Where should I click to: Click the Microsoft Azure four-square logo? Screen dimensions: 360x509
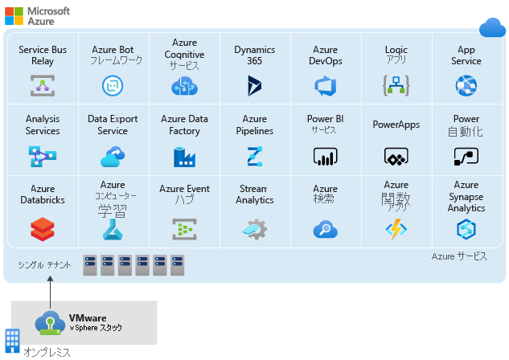tap(14, 15)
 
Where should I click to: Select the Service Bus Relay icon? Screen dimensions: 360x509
tap(43, 85)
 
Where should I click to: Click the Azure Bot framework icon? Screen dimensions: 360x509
tap(113, 85)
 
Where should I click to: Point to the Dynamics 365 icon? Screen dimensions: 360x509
tap(255, 85)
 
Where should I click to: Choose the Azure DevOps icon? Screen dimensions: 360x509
tap(325, 85)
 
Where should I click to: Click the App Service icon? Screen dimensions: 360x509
tap(466, 85)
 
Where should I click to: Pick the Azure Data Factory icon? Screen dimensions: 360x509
tap(184, 156)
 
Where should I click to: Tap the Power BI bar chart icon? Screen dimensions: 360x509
tap(325, 156)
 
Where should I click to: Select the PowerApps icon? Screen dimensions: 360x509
tap(396, 157)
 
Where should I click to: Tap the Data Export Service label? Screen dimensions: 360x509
tap(113, 125)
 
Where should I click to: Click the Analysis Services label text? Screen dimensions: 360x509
tap(43, 125)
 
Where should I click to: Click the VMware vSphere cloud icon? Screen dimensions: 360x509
tap(50, 323)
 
